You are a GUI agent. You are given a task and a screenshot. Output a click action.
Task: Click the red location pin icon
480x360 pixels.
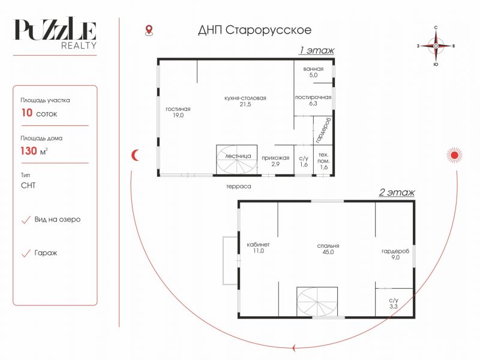pyautogui.click(x=149, y=31)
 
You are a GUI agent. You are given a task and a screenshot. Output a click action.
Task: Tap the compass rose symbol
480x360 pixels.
pyautogui.click(x=436, y=46)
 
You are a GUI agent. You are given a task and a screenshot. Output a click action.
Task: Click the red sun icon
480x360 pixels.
pyautogui.click(x=454, y=155)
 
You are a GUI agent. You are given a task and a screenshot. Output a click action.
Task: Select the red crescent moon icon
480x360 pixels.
pyautogui.click(x=135, y=155)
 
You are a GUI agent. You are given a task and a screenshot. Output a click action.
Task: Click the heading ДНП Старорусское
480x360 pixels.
pyautogui.click(x=254, y=30)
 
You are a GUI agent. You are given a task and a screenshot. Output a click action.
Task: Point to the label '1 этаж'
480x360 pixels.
pyautogui.click(x=317, y=50)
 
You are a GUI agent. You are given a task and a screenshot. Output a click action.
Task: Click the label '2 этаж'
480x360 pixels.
pyautogui.click(x=397, y=192)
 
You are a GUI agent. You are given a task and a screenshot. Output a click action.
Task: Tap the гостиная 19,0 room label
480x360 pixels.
pyautogui.click(x=178, y=112)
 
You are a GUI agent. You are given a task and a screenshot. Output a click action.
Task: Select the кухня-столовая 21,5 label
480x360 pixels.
pyautogui.click(x=245, y=101)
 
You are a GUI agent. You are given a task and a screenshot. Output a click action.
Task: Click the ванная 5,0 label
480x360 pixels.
pyautogui.click(x=313, y=72)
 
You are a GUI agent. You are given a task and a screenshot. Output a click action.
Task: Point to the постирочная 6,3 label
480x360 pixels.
pyautogui.click(x=313, y=100)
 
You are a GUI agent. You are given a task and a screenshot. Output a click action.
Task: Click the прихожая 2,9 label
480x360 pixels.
pyautogui.click(x=275, y=161)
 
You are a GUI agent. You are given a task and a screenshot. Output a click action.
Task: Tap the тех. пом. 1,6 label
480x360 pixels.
pyautogui.click(x=323, y=161)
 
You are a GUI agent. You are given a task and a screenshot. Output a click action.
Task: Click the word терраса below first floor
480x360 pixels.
pyautogui.click(x=239, y=186)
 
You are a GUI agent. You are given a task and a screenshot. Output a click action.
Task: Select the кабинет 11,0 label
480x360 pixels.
pyautogui.click(x=259, y=248)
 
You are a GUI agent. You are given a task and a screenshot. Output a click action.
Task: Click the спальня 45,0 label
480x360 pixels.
pyautogui.click(x=328, y=249)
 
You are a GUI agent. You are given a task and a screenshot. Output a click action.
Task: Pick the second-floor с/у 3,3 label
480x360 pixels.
pyautogui.click(x=394, y=303)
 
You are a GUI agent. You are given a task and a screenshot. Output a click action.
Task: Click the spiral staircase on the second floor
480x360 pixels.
pyautogui.click(x=317, y=302)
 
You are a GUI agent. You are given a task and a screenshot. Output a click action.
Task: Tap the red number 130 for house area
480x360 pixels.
pyautogui.click(x=29, y=151)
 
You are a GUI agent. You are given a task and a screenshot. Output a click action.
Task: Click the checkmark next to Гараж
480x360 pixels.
pyautogui.click(x=26, y=253)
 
